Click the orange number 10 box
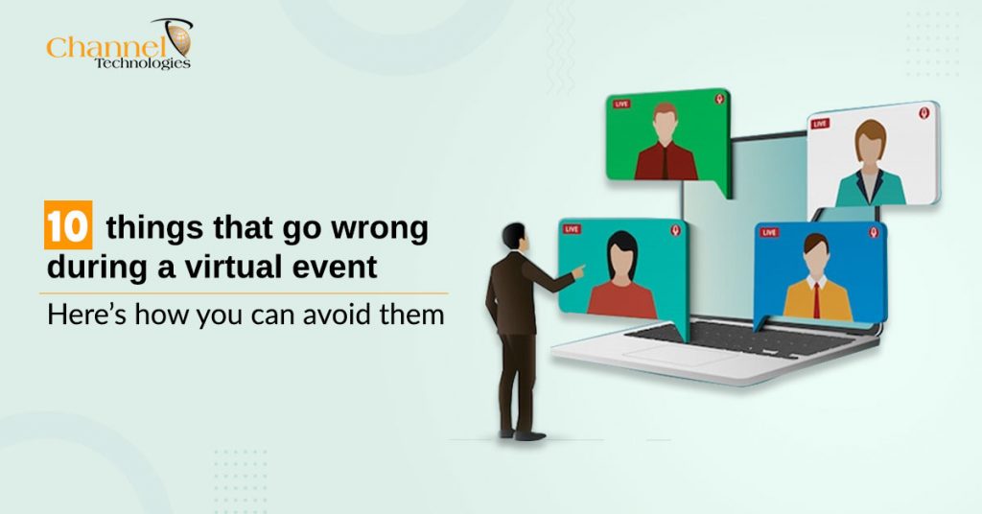point(66,229)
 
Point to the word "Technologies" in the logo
point(142,63)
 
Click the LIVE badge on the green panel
point(621,104)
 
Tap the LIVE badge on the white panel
point(820,124)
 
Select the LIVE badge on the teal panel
point(573,229)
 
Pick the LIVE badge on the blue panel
point(769,232)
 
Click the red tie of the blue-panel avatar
point(816,298)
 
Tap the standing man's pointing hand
point(577,272)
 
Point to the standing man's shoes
point(522,434)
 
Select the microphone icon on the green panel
point(718,99)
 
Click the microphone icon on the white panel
point(924,113)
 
